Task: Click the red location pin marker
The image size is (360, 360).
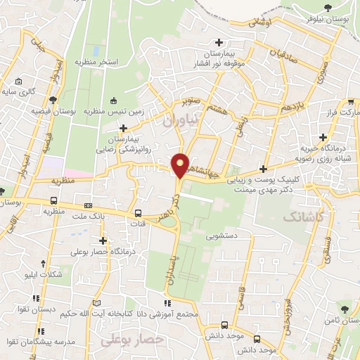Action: click(x=181, y=165)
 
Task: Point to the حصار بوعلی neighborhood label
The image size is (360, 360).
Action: click(x=132, y=340)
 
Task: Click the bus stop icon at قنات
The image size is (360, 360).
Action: click(x=137, y=213)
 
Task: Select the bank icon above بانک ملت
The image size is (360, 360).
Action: click(x=86, y=204)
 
